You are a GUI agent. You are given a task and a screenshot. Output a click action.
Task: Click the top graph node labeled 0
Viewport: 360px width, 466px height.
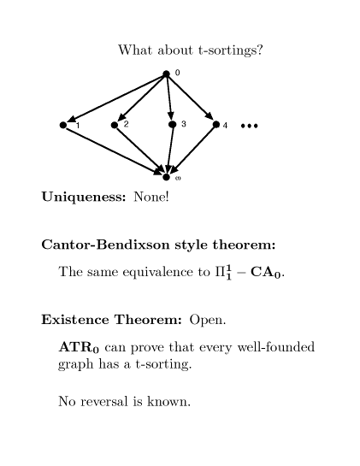[x=166, y=74]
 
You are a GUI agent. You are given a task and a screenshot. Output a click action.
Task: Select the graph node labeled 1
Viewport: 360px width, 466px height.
[x=63, y=125]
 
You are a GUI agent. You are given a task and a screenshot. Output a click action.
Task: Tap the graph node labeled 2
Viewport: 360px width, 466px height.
[x=115, y=125]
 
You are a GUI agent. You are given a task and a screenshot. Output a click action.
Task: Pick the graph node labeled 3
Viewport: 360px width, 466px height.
[x=172, y=124]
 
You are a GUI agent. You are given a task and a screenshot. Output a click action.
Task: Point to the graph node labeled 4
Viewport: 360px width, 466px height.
[x=216, y=125]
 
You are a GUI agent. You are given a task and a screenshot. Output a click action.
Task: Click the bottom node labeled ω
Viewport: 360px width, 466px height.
[x=166, y=177]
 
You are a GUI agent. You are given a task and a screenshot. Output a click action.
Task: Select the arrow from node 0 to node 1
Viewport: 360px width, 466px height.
[x=116, y=98]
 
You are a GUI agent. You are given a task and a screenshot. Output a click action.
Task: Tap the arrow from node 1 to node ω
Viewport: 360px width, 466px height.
[x=114, y=151]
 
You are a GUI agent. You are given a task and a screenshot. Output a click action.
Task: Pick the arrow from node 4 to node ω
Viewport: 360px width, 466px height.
[x=192, y=150]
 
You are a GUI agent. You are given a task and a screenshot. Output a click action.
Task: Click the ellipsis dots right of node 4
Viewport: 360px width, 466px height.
[x=249, y=126]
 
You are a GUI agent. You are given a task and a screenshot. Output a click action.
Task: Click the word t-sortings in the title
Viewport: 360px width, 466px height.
[x=230, y=50]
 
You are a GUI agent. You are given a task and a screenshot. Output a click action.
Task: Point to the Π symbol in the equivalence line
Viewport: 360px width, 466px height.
[x=221, y=272]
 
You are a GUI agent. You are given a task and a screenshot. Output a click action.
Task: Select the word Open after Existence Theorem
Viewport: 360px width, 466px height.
[x=208, y=320]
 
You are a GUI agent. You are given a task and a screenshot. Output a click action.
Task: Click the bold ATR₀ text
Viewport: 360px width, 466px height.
[x=79, y=347]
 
